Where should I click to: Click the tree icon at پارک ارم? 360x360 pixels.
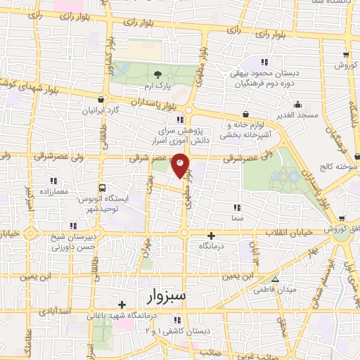(x=157, y=75)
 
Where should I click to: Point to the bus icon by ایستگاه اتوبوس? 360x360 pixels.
(x=103, y=188)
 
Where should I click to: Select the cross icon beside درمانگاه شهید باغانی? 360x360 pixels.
(x=122, y=304)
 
